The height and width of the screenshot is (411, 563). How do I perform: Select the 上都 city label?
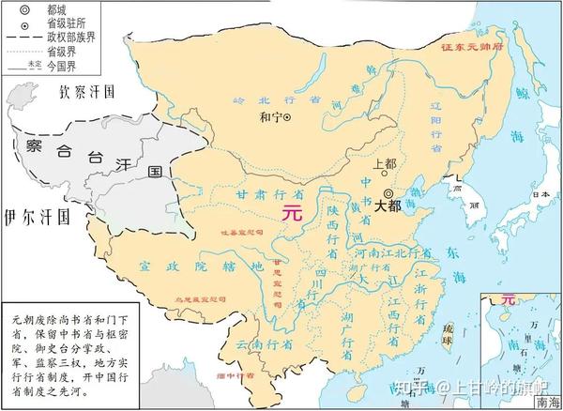(x=386, y=162)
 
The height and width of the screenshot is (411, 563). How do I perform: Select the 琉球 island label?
(x=452, y=330)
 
